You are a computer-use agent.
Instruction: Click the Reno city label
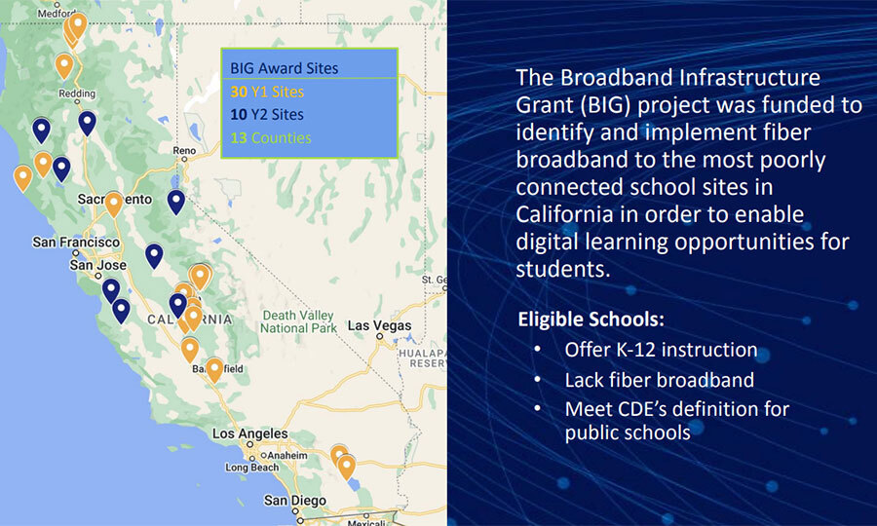184,150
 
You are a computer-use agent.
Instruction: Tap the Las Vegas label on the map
379,325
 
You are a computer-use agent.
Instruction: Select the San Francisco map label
76,242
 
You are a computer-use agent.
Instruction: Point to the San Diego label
294,501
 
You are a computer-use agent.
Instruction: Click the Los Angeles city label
250,433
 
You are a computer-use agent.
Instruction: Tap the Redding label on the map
77,94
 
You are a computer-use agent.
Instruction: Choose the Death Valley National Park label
298,322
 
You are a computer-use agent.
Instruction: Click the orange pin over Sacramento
114,204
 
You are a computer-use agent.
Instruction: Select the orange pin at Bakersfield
214,370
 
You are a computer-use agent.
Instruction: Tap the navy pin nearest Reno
176,202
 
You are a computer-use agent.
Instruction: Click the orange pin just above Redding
64,66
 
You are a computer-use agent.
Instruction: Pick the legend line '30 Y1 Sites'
267,92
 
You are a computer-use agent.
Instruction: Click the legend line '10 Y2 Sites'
267,115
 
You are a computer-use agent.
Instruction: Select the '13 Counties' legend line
271,137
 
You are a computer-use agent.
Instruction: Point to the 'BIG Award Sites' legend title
285,68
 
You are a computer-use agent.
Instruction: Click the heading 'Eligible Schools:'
591,319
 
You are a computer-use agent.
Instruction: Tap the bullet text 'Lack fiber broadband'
660,380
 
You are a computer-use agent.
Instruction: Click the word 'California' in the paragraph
576,214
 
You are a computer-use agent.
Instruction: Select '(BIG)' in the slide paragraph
602,105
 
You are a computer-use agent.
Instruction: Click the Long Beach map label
251,468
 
